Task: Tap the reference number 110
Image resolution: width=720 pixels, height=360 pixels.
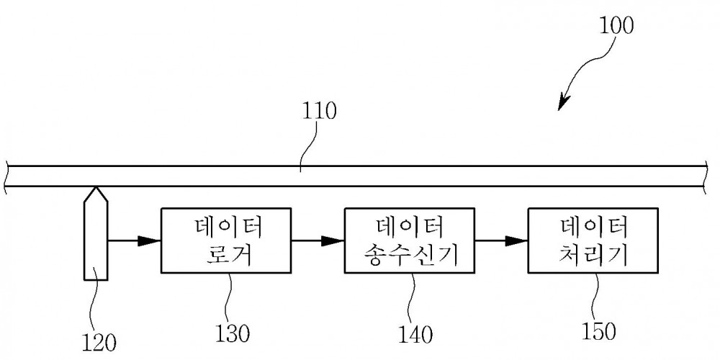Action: click(319, 112)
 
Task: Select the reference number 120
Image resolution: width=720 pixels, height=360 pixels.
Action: click(99, 341)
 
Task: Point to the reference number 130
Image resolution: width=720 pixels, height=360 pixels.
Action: click(233, 334)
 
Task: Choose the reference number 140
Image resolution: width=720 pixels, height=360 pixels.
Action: click(416, 335)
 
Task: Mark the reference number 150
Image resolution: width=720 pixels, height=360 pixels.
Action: click(599, 331)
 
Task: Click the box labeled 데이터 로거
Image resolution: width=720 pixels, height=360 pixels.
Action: click(226, 240)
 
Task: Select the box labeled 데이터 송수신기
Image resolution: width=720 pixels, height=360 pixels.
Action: click(410, 240)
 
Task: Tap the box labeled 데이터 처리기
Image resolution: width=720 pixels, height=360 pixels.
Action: click(593, 240)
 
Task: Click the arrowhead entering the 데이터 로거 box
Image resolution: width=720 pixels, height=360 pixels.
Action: click(150, 240)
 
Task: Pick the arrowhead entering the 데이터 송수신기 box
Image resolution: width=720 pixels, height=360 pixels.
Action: click(333, 240)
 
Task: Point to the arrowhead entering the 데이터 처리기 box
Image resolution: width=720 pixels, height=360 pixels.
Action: click(516, 240)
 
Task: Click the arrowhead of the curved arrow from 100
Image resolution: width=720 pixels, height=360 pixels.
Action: click(564, 102)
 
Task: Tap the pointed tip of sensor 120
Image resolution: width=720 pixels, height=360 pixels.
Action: click(96, 187)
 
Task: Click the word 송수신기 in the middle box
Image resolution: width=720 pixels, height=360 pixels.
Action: click(410, 256)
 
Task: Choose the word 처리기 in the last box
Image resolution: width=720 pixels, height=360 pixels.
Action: click(593, 256)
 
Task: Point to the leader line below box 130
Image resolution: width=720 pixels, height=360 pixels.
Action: click(230, 299)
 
